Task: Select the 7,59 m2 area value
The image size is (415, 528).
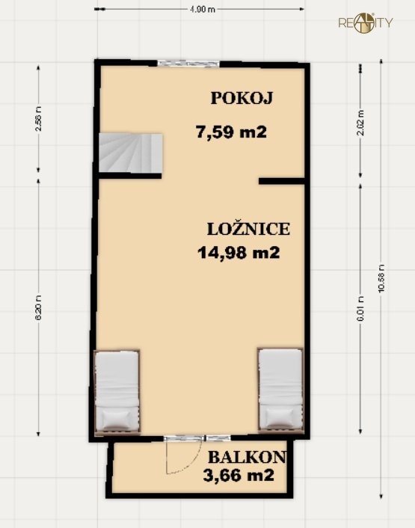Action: tap(231, 133)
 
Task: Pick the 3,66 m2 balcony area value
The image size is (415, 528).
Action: tap(238, 476)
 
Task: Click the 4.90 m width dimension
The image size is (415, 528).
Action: tap(202, 10)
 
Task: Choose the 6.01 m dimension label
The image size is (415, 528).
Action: tap(361, 309)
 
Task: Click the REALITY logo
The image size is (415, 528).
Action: tap(365, 22)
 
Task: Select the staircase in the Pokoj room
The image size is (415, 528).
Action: tap(129, 153)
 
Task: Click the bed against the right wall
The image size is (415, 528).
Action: tap(280, 391)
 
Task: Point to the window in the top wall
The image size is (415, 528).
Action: tap(183, 64)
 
